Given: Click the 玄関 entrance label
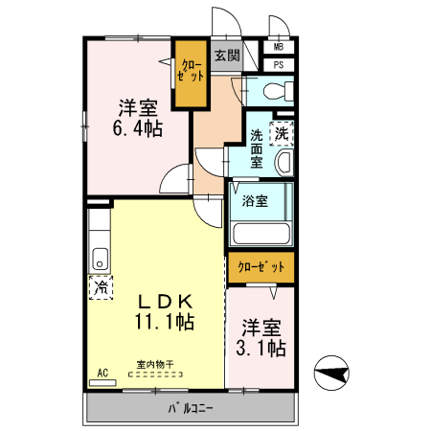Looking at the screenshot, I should tap(226, 55).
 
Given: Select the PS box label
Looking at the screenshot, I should tap(279, 65).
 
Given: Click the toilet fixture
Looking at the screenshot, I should tap(272, 92).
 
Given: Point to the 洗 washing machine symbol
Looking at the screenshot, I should tap(282, 134).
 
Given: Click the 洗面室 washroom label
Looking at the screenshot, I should tap(257, 148).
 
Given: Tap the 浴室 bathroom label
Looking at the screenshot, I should tap(255, 201).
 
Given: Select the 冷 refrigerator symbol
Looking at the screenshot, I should tap(100, 285).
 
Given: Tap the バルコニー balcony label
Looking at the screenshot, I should tap(192, 409).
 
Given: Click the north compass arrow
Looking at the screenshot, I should tap(332, 373).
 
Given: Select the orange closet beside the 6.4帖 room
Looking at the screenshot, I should tap(190, 72).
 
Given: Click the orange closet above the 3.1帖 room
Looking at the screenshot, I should tap(261, 268).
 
